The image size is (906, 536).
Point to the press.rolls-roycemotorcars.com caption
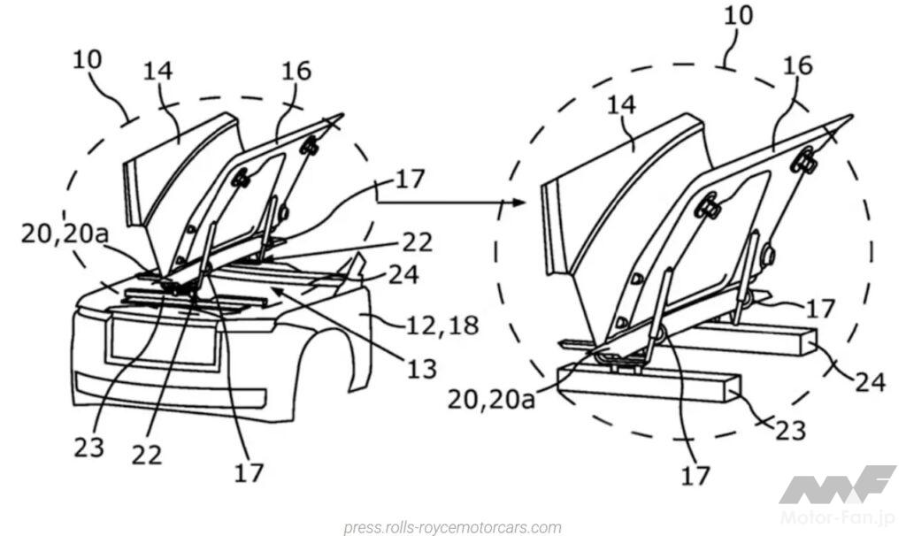(452, 528)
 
